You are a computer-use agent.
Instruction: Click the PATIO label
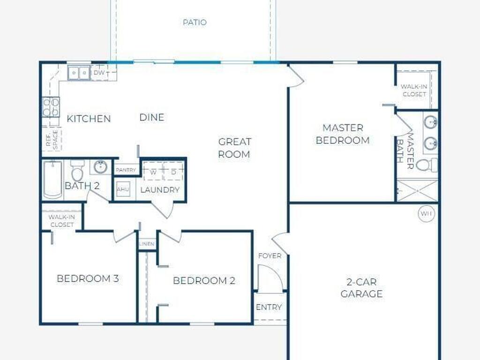tap(195, 22)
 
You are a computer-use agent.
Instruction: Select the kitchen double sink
tap(79, 73)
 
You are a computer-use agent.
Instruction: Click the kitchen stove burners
tap(51, 107)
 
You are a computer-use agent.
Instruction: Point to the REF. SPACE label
tap(52, 140)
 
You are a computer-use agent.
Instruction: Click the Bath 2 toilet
tap(77, 171)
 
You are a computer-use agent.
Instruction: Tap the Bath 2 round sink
tap(100, 167)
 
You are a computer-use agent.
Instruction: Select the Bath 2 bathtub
tap(52, 179)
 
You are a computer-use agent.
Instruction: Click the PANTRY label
tap(126, 170)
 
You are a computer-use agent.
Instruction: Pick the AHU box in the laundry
tap(123, 189)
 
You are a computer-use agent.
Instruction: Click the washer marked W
tap(153, 172)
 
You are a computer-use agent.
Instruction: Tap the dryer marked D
tap(173, 172)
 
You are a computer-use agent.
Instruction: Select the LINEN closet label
tap(147, 244)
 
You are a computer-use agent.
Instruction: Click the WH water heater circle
tap(427, 213)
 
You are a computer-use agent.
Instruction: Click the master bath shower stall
tap(418, 191)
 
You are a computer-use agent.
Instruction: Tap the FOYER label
tap(270, 256)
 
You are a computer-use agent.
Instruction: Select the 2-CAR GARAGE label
tap(361, 288)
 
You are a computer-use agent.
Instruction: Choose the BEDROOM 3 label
tap(88, 278)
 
